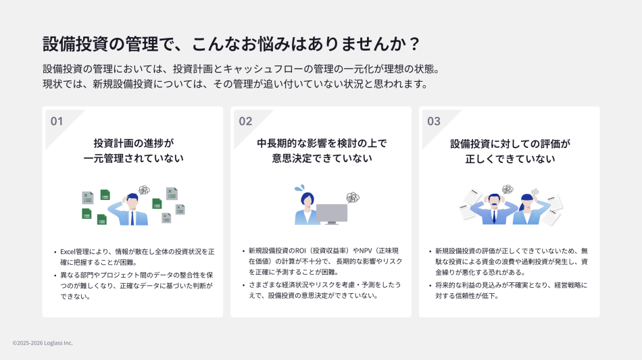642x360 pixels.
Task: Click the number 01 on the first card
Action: tap(57, 122)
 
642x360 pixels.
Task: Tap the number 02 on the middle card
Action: tap(245, 122)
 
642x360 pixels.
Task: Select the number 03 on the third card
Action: tap(434, 122)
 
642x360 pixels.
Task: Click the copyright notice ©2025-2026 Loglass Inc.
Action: tap(43, 343)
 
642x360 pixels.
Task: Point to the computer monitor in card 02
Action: tap(332, 213)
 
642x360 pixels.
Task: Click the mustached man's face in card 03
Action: tap(495, 201)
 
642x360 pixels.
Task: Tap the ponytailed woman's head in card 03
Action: tap(527, 201)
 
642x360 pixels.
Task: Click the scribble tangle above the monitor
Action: tap(352, 197)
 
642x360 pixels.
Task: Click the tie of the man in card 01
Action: tap(132, 217)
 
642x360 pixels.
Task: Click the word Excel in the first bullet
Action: tap(69, 251)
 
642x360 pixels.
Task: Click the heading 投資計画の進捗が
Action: tap(133, 143)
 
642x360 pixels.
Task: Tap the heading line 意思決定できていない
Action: tap(321, 159)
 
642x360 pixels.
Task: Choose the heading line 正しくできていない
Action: tap(510, 159)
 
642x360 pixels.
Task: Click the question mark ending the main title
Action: tap(415, 45)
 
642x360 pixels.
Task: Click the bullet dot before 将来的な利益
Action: tap(430, 286)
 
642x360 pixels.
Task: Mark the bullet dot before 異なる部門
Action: tap(55, 276)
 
